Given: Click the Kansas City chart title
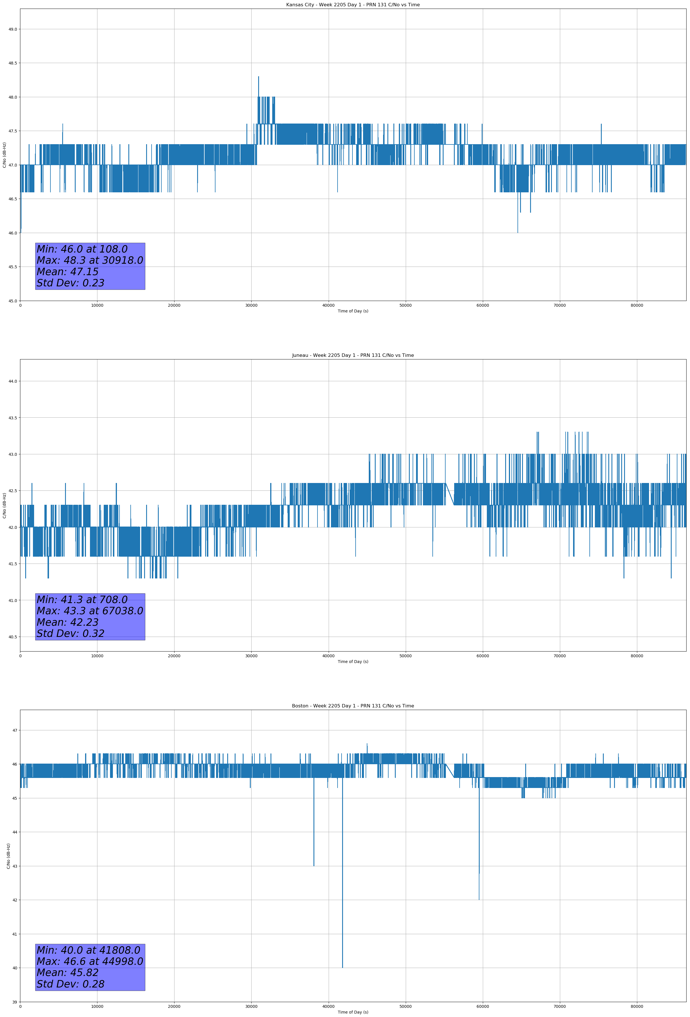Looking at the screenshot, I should coord(353,5).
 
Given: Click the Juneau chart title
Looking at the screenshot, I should coord(353,355).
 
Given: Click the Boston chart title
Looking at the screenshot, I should coord(353,706).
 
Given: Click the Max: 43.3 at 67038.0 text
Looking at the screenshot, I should coord(90,611).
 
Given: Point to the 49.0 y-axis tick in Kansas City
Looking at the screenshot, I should coord(13,29).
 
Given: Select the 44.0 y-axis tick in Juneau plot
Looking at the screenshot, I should coord(13,381).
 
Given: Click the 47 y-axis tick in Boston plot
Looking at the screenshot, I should coord(14,730).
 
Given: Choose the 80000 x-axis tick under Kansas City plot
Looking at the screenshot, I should coord(637,306).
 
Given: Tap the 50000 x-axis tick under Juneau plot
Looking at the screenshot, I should coord(405,656).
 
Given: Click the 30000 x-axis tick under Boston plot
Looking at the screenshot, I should coord(251,1006).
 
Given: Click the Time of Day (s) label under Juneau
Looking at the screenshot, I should coord(353,662).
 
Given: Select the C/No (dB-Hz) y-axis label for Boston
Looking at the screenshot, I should coord(8,856).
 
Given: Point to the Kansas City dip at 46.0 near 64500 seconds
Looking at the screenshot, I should coord(517,231).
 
